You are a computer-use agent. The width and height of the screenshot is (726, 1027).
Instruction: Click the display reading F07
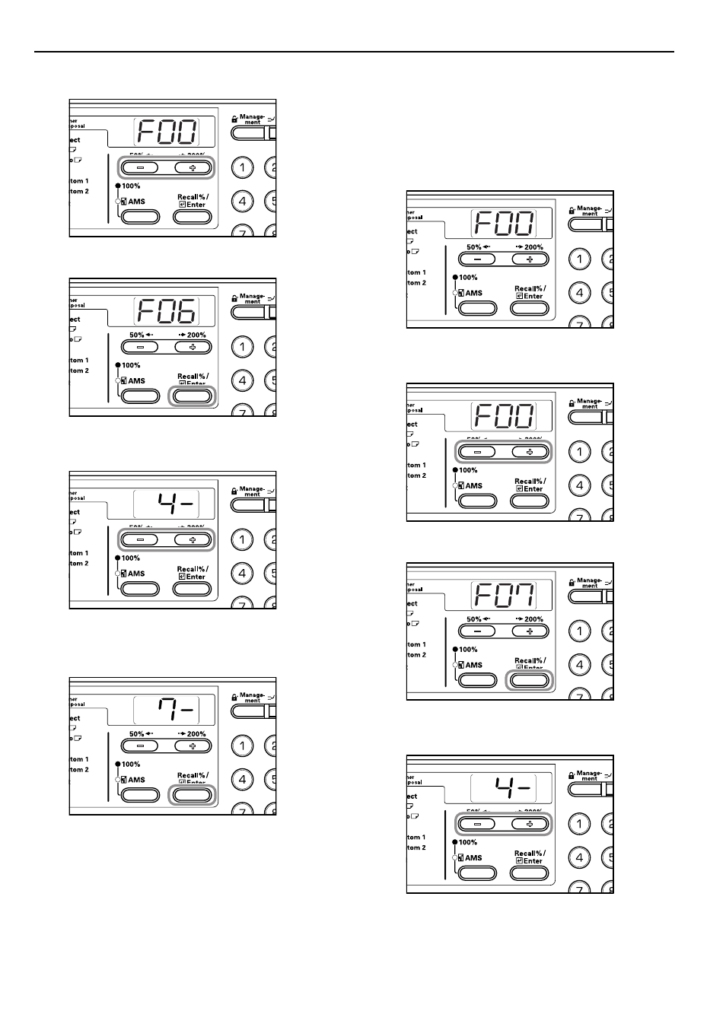pos(504,596)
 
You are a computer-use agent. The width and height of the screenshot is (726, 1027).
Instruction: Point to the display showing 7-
pos(174,711)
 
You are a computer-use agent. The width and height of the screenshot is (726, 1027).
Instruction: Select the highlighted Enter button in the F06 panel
pos(193,396)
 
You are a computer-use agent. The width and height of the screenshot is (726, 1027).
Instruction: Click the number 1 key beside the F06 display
pos(242,347)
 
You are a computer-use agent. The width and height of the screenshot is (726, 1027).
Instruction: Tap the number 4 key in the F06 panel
pos(242,380)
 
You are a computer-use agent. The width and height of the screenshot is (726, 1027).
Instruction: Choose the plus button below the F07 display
pos(530,631)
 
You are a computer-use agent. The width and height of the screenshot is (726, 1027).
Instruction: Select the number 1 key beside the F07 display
pos(580,631)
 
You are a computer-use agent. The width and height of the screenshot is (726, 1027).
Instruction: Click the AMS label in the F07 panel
pos(473,665)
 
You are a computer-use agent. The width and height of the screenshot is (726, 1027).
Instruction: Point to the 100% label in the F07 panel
pos(468,650)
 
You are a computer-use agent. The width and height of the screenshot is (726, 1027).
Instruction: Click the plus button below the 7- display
pos(193,746)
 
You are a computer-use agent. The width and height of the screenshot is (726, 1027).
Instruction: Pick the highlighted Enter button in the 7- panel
pos(193,795)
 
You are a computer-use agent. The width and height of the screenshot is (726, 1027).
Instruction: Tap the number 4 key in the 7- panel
pos(242,780)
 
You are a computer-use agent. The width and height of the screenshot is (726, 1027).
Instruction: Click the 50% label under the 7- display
pos(140,734)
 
